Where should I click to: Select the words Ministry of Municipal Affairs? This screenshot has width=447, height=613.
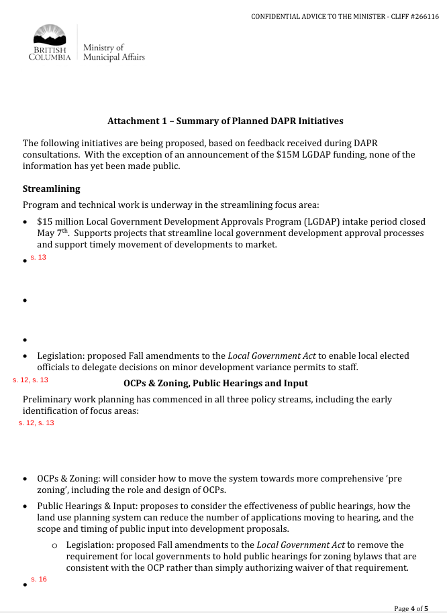click(113, 52)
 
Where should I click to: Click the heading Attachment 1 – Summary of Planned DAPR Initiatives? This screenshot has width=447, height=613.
click(225, 121)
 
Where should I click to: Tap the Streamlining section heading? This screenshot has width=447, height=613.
click(51, 189)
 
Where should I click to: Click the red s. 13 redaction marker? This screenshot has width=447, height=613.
click(38, 258)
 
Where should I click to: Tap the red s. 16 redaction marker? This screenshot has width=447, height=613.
click(38, 579)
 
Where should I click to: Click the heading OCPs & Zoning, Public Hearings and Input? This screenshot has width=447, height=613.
click(215, 383)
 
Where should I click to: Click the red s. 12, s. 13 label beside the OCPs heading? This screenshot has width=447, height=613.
click(30, 380)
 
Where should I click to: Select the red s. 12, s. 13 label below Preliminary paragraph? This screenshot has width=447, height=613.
click(36, 423)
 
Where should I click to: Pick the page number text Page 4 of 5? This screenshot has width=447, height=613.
click(411, 608)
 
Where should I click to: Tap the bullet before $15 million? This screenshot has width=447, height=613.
click(25, 222)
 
